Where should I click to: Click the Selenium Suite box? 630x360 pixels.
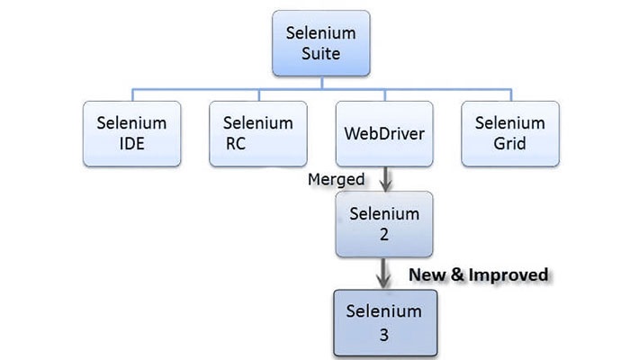(x=321, y=43)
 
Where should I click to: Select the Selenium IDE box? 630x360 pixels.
(x=131, y=134)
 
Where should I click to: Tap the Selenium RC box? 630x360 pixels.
(x=258, y=134)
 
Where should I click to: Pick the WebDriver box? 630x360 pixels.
(x=384, y=134)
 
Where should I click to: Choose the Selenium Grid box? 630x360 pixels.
(x=510, y=134)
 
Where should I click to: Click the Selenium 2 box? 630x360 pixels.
(x=384, y=224)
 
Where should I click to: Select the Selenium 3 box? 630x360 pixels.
(x=385, y=323)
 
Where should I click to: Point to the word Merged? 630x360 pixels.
(x=337, y=179)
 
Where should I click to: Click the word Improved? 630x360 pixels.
(x=508, y=275)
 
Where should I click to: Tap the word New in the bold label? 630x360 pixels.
(x=427, y=274)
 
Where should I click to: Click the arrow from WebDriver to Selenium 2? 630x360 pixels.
(x=386, y=179)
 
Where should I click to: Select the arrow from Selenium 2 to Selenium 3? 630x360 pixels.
(x=383, y=274)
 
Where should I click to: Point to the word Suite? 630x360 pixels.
(x=321, y=53)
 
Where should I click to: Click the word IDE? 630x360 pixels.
(x=131, y=143)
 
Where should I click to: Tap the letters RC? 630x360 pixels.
(x=236, y=143)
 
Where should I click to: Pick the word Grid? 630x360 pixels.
(x=510, y=143)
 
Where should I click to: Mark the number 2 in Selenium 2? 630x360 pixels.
(x=384, y=234)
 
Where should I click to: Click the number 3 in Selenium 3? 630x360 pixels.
(x=384, y=335)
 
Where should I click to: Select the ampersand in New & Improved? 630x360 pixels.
(x=457, y=274)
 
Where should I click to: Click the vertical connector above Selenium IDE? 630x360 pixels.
(x=132, y=94)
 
